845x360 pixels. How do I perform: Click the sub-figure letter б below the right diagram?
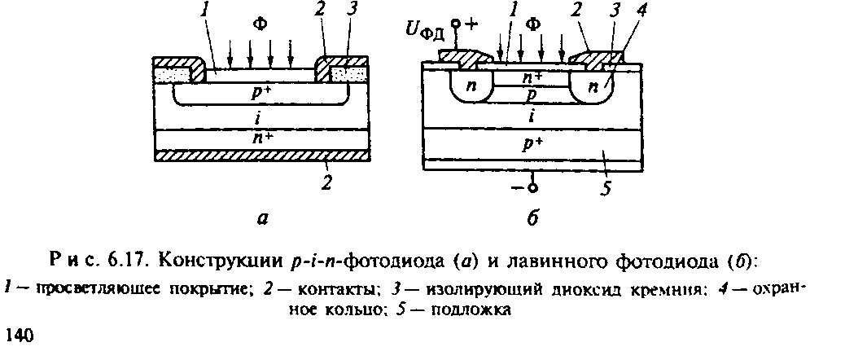tap(532, 217)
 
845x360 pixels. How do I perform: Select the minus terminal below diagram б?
tap(523, 188)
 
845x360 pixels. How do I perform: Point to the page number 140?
tap(18, 334)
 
